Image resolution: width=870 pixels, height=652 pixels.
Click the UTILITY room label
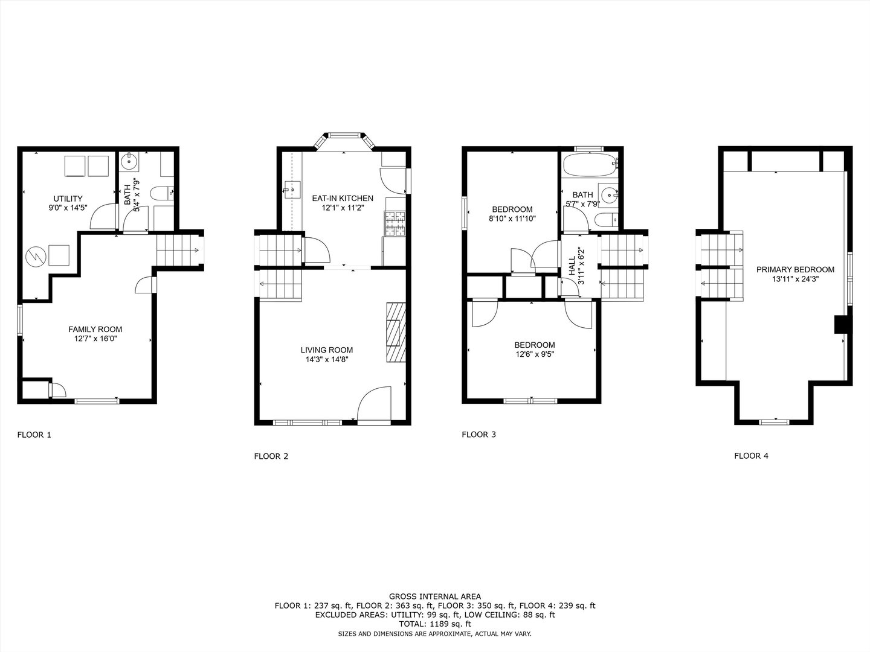(x=68, y=199)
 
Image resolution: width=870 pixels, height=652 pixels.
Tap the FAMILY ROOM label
(x=95, y=329)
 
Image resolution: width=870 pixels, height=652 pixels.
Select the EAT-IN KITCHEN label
(x=342, y=198)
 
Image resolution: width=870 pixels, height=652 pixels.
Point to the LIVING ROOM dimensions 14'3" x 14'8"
(x=327, y=359)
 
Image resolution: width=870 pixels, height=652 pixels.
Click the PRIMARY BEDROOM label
(x=795, y=269)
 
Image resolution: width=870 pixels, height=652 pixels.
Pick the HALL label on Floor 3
(x=572, y=266)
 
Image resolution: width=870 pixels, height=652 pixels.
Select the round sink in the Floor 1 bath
(x=129, y=161)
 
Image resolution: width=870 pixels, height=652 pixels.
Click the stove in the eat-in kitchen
(x=395, y=223)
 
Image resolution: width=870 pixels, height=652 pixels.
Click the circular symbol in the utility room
(x=34, y=257)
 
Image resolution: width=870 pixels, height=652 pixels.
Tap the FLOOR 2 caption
(x=271, y=456)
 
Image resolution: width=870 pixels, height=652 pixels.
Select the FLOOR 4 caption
(x=751, y=456)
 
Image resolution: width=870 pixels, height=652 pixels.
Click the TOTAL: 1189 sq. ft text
(x=434, y=624)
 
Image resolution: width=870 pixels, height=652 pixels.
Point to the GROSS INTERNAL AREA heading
(x=434, y=596)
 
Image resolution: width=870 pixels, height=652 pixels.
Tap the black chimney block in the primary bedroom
(x=840, y=324)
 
